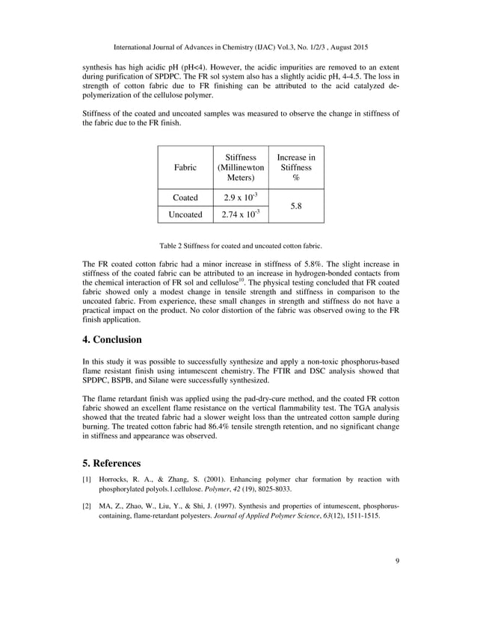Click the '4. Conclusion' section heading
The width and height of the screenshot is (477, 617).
[111, 340]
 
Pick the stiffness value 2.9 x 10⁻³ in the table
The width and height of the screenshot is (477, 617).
[241, 197]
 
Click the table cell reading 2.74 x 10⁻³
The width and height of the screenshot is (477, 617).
[241, 214]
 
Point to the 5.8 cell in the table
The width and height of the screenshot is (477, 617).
[296, 205]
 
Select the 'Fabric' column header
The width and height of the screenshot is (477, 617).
[185, 168]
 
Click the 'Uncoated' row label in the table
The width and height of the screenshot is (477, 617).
[185, 214]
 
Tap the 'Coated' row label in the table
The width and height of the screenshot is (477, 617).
[185, 197]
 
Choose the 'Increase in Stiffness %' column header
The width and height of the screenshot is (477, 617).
[296, 168]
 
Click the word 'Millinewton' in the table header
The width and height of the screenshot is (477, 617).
[241, 168]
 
